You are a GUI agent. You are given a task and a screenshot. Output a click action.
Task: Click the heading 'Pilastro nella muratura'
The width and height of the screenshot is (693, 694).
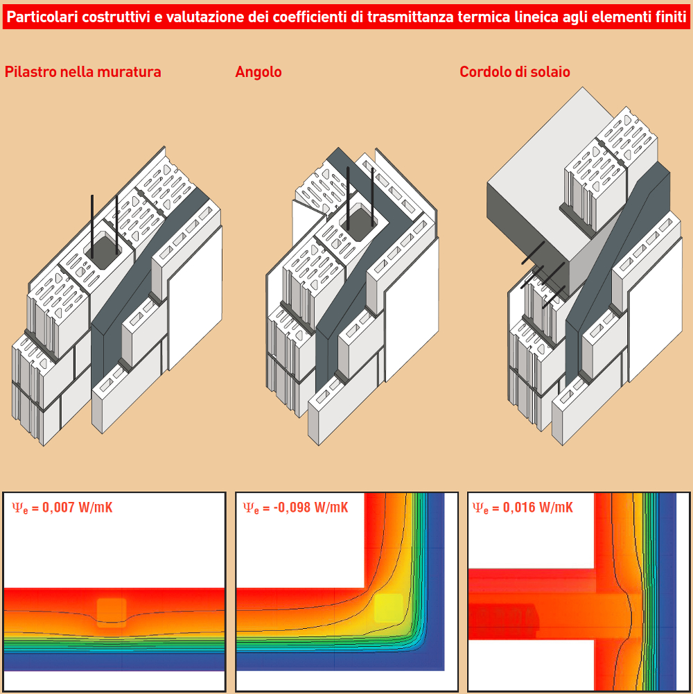[82, 71]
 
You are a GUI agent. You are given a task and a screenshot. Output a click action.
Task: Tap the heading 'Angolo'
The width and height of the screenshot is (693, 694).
[258, 72]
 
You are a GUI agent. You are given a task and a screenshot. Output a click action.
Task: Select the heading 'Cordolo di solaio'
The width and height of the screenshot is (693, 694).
[515, 71]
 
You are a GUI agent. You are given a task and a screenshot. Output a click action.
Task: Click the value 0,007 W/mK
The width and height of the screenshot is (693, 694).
[78, 508]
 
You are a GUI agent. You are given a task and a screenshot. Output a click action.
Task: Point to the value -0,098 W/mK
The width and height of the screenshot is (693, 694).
[310, 508]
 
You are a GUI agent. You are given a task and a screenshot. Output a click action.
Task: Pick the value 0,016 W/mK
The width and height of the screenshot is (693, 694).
[538, 508]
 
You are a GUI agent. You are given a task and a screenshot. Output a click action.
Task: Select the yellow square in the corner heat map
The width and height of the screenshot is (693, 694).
[389, 608]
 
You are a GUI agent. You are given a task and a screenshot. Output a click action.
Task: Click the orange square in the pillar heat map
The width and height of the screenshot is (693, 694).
[112, 612]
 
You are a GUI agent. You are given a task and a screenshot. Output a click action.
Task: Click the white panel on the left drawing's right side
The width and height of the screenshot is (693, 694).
[195, 297]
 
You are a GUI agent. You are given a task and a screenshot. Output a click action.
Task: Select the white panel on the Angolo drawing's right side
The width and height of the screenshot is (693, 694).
[412, 309]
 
